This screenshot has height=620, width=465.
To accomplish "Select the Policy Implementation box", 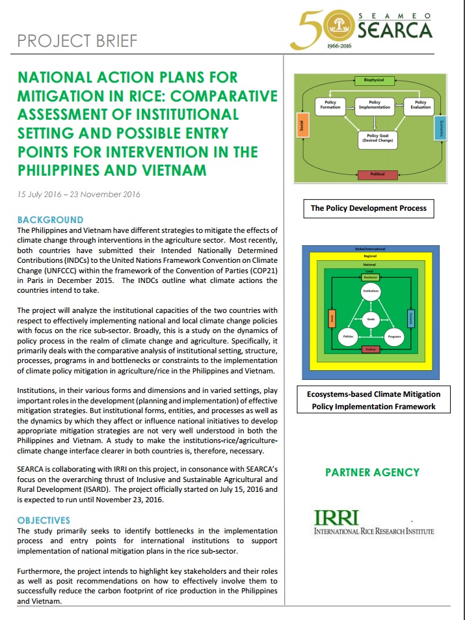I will [374, 104].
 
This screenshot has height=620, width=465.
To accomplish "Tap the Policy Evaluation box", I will [420, 104].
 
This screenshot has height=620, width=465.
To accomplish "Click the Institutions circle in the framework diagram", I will [371, 291].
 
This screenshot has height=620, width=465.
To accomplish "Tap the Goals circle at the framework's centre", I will [371, 320].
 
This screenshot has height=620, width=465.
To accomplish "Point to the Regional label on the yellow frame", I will [369, 256].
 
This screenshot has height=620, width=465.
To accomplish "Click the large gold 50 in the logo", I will [317, 30].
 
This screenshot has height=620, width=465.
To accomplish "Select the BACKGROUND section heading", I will [50, 220].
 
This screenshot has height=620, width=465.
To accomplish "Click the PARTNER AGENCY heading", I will [372, 472].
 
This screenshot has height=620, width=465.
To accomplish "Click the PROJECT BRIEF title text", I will [77, 41].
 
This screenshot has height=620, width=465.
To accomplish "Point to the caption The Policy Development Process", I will [368, 208].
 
